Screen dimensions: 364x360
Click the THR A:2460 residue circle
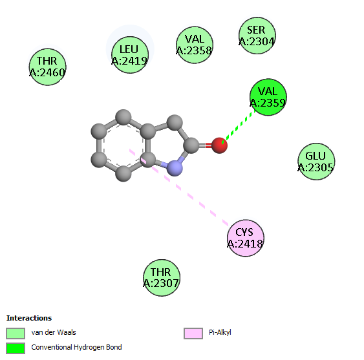48,67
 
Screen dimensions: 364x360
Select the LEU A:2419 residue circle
130,55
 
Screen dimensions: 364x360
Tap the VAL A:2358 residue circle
195,45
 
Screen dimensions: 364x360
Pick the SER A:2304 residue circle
257,36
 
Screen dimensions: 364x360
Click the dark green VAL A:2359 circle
268,97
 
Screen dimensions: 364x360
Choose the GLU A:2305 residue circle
316,162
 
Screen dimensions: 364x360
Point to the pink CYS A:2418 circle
246,238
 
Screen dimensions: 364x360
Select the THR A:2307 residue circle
162,278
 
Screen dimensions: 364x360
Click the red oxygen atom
219,145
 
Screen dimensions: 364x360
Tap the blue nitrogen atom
175,168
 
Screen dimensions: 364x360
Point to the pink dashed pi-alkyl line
179,187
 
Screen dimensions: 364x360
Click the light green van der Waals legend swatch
16,334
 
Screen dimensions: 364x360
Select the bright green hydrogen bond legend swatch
16,348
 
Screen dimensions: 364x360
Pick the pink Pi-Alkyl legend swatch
193,334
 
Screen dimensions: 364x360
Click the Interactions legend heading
29,318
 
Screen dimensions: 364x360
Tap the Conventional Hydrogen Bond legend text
76,347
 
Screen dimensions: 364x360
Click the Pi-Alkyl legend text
220,332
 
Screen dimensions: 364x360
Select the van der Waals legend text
54,332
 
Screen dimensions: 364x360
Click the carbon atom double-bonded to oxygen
191,145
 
